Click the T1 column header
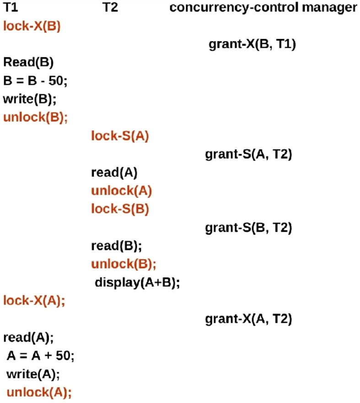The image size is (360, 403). coord(10,8)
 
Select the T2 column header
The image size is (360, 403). coord(110,8)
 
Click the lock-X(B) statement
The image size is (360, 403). coord(32,26)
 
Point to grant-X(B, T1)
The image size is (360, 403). coord(253,44)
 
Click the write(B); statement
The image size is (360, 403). coord(30,98)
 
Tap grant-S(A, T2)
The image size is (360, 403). coord(248,154)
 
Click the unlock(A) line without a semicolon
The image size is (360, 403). coord(122,191)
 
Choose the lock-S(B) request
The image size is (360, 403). coord(120,209)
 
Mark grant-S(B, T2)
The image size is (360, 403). coord(248,228)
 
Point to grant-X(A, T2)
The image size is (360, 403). coord(248,319)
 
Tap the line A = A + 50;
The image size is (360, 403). coord(40,355)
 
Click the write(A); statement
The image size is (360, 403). coord(33,374)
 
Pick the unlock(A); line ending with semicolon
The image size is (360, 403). coord(39,392)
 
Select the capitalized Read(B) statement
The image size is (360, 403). coord(28,62)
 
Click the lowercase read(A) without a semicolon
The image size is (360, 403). coord(114,173)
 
